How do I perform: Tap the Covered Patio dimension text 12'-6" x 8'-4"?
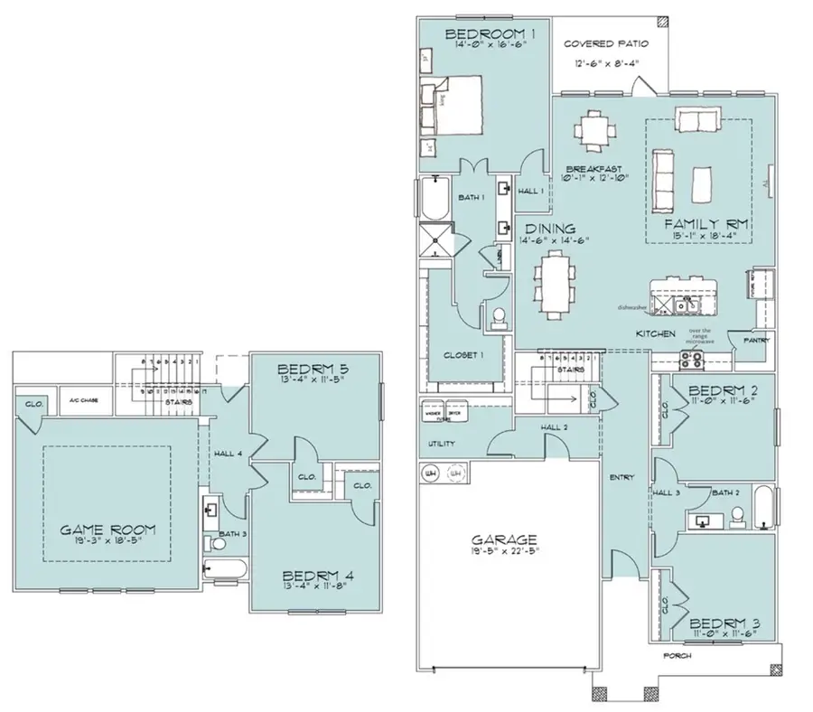tap(600, 65)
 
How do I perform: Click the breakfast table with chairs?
tap(593, 129)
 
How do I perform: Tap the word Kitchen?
tap(656, 334)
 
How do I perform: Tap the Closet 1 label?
tap(463, 355)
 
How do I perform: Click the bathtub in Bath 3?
tap(226, 569)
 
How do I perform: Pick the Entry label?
tap(622, 477)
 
